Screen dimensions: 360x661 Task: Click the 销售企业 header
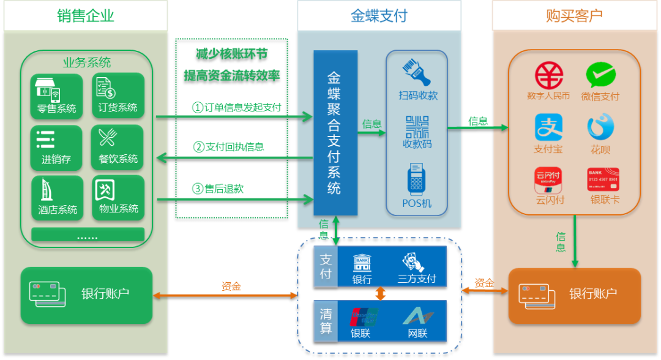pyautogui.click(x=86, y=16)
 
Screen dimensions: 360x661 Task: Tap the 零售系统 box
pyautogui.click(x=56, y=96)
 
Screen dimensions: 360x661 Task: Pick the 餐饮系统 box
pyautogui.click(x=118, y=148)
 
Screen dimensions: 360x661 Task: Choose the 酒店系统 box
pyautogui.click(x=56, y=198)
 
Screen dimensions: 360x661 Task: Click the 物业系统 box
pyautogui.click(x=118, y=198)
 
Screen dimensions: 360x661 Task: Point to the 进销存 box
pyautogui.click(x=56, y=148)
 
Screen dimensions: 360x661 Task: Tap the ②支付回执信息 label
pyautogui.click(x=229, y=147)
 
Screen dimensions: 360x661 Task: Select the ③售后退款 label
pyautogui.click(x=218, y=189)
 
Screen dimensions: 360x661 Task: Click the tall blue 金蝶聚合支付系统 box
pyautogui.click(x=335, y=133)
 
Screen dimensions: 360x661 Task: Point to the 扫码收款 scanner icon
pyautogui.click(x=417, y=72)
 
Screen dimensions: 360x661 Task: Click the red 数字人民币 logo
pyautogui.click(x=548, y=76)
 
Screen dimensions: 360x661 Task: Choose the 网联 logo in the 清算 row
pyautogui.click(x=417, y=317)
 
